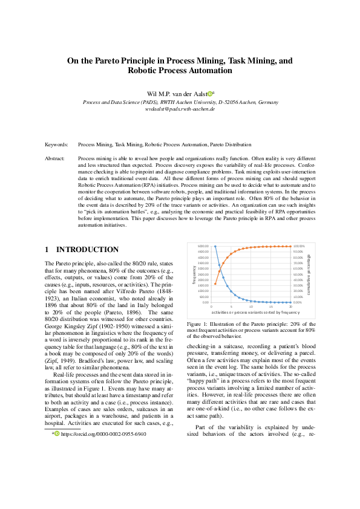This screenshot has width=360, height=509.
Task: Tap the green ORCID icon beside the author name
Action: (x=209, y=94)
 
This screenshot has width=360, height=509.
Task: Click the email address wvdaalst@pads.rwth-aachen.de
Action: (x=180, y=109)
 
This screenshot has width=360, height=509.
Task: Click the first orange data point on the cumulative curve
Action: (x=215, y=284)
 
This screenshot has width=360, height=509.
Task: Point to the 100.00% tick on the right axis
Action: (x=299, y=247)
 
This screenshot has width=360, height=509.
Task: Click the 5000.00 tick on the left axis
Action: (x=203, y=247)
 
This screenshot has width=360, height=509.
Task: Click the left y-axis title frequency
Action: (x=195, y=274)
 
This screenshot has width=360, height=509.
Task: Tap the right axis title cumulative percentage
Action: (x=309, y=274)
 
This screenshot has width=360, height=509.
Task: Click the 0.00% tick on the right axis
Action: (x=298, y=302)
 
